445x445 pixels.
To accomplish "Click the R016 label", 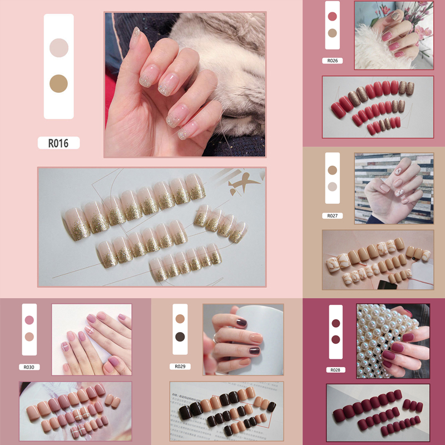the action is pos(58,143).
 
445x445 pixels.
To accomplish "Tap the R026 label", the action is pos(332,61).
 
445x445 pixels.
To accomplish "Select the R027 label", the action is pos(332,216).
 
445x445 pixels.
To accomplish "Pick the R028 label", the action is pos(335,370).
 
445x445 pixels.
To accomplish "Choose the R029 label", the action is pos(180,367).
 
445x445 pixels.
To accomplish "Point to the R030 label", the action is pos(29,367).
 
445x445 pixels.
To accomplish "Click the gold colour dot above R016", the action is pos(59,83).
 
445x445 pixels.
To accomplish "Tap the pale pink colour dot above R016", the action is pos(59,48).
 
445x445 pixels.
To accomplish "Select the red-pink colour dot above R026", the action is pos(332,17).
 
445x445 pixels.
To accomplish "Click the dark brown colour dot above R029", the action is pos(180,337).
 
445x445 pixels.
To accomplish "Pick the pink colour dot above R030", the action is pos(29,320).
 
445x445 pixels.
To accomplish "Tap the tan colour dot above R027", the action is pos(332,170).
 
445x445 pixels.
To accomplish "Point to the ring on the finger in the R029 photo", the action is pos(215,338).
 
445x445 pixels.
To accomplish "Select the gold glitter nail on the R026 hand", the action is pos(395,15).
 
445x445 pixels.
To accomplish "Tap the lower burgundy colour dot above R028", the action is pos(336,339).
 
